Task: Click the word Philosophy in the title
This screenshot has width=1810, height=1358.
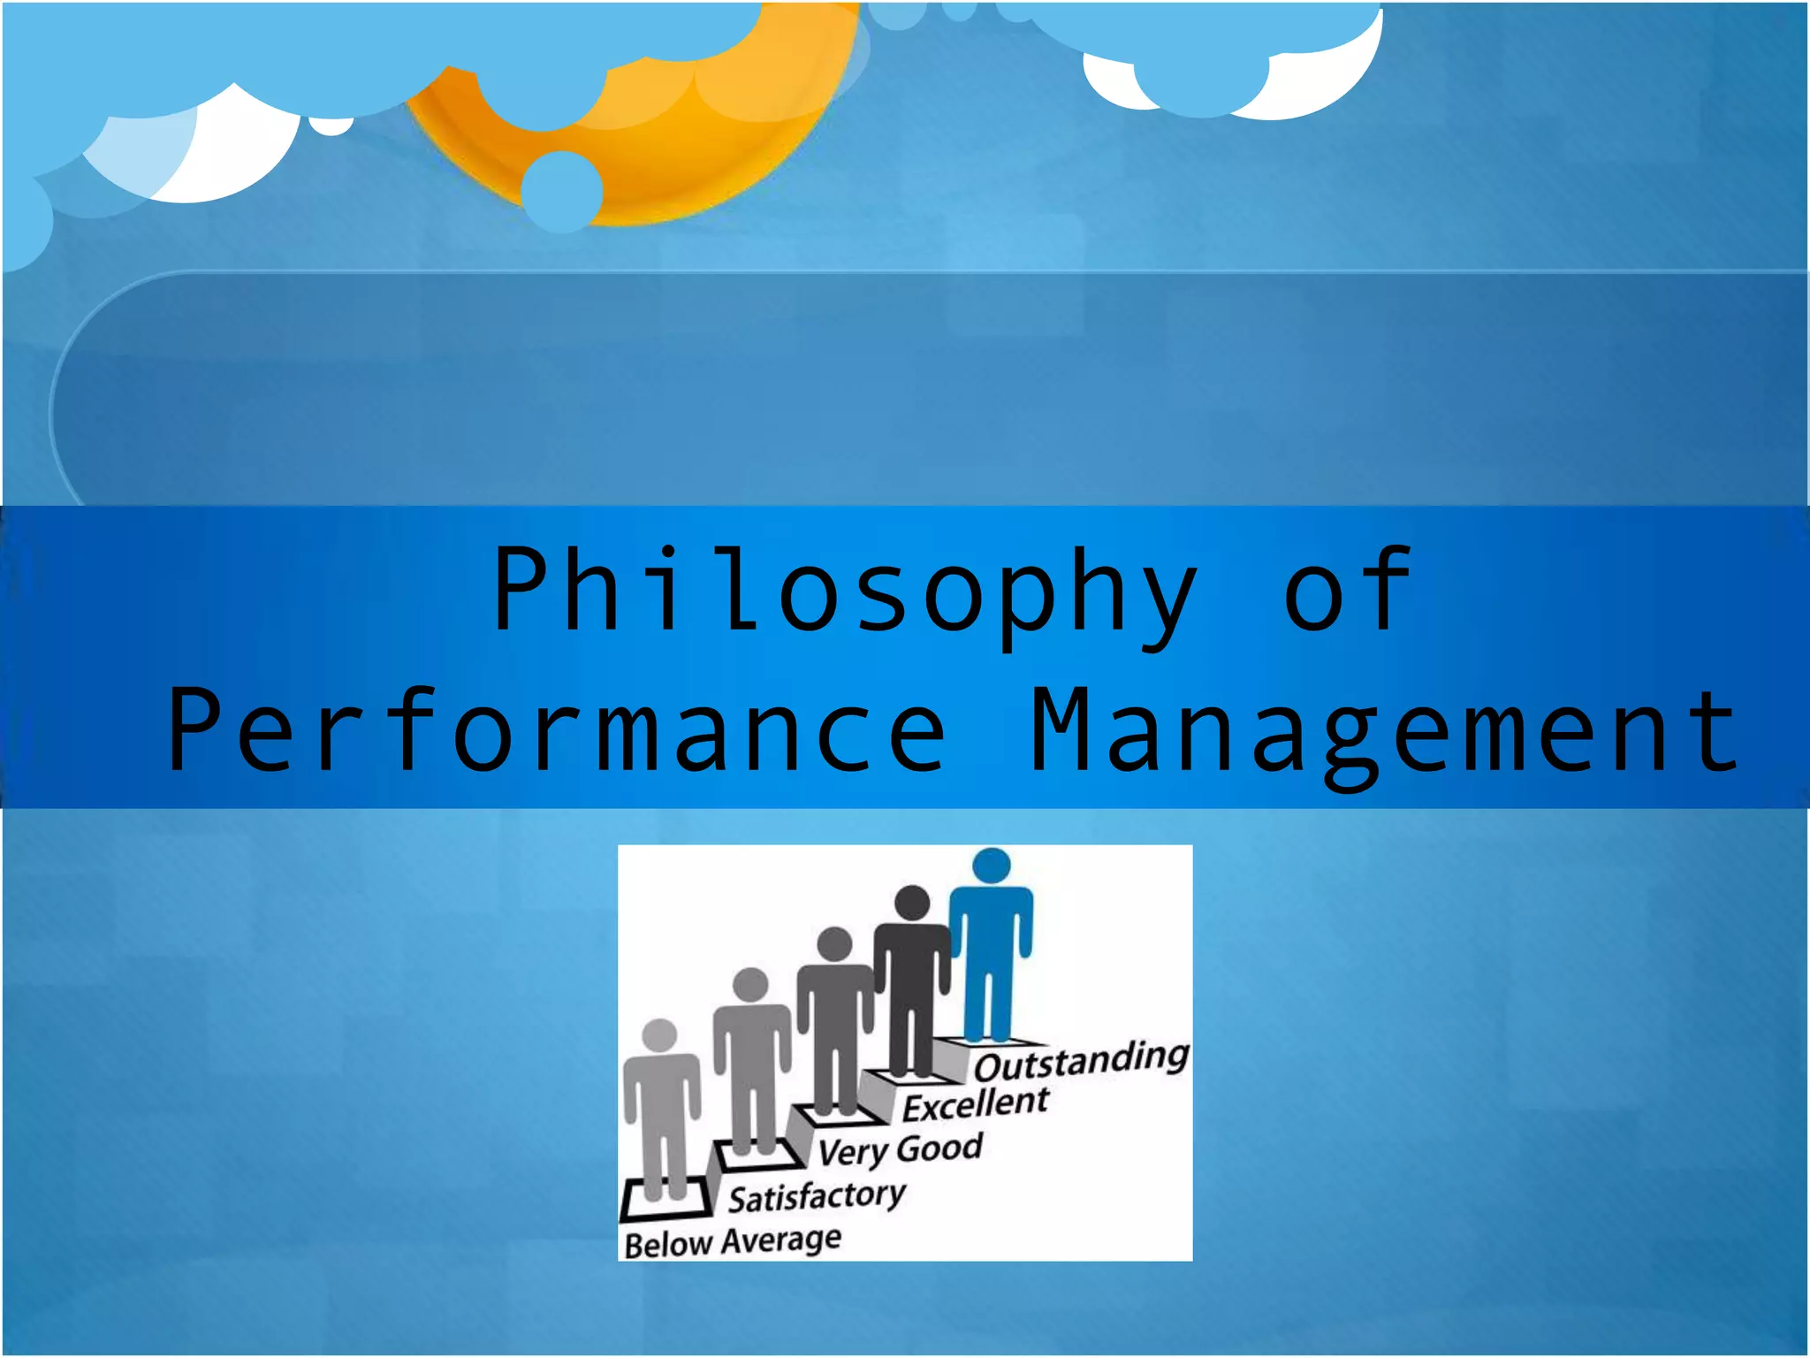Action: coord(844,591)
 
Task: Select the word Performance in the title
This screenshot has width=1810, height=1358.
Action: coord(557,730)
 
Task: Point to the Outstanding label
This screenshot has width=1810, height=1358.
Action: coord(1081,1062)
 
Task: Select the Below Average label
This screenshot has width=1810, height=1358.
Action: coord(732,1241)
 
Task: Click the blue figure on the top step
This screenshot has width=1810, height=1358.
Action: coord(991,946)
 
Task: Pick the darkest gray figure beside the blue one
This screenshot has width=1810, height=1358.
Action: coord(912,981)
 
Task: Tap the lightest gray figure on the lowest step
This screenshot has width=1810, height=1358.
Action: coord(661,1114)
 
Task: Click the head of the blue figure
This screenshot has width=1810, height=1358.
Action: coord(991,866)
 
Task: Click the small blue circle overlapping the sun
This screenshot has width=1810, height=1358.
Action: coord(561,191)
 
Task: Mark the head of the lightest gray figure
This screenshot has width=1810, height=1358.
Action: coord(659,1035)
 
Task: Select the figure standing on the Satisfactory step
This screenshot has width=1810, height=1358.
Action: coord(751,1061)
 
